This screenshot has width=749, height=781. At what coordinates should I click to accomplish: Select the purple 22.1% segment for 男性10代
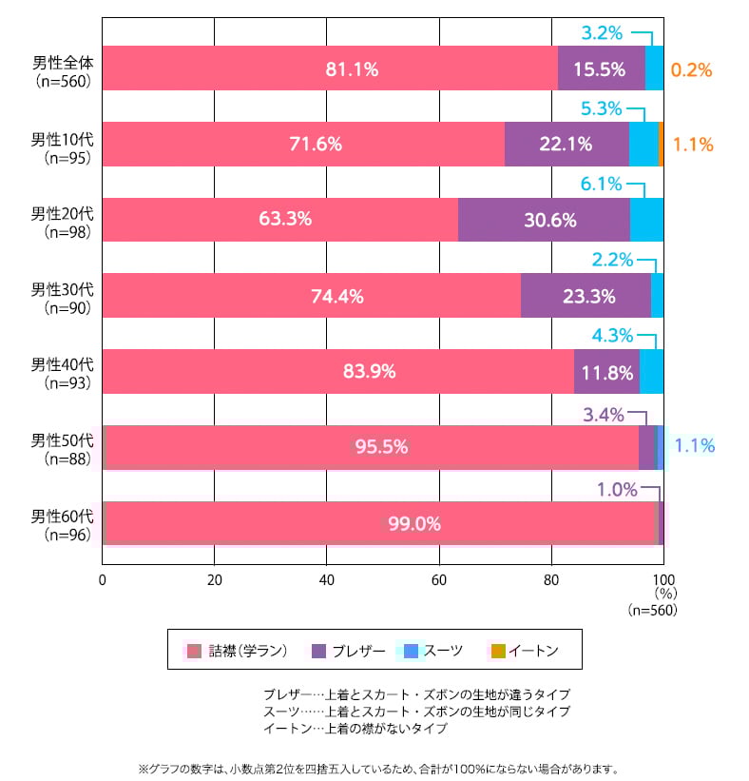point(567,145)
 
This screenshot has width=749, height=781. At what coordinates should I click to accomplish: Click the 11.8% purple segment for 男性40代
point(607,372)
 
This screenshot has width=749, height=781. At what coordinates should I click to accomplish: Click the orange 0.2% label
point(691,69)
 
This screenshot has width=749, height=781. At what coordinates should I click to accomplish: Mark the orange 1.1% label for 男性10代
point(693,146)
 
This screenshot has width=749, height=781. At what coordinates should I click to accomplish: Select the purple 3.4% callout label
point(603,415)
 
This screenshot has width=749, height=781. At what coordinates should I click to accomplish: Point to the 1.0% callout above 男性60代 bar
point(616,490)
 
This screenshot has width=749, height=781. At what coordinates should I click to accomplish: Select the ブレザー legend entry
point(348,651)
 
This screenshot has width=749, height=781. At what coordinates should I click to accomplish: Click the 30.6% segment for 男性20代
point(550,220)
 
